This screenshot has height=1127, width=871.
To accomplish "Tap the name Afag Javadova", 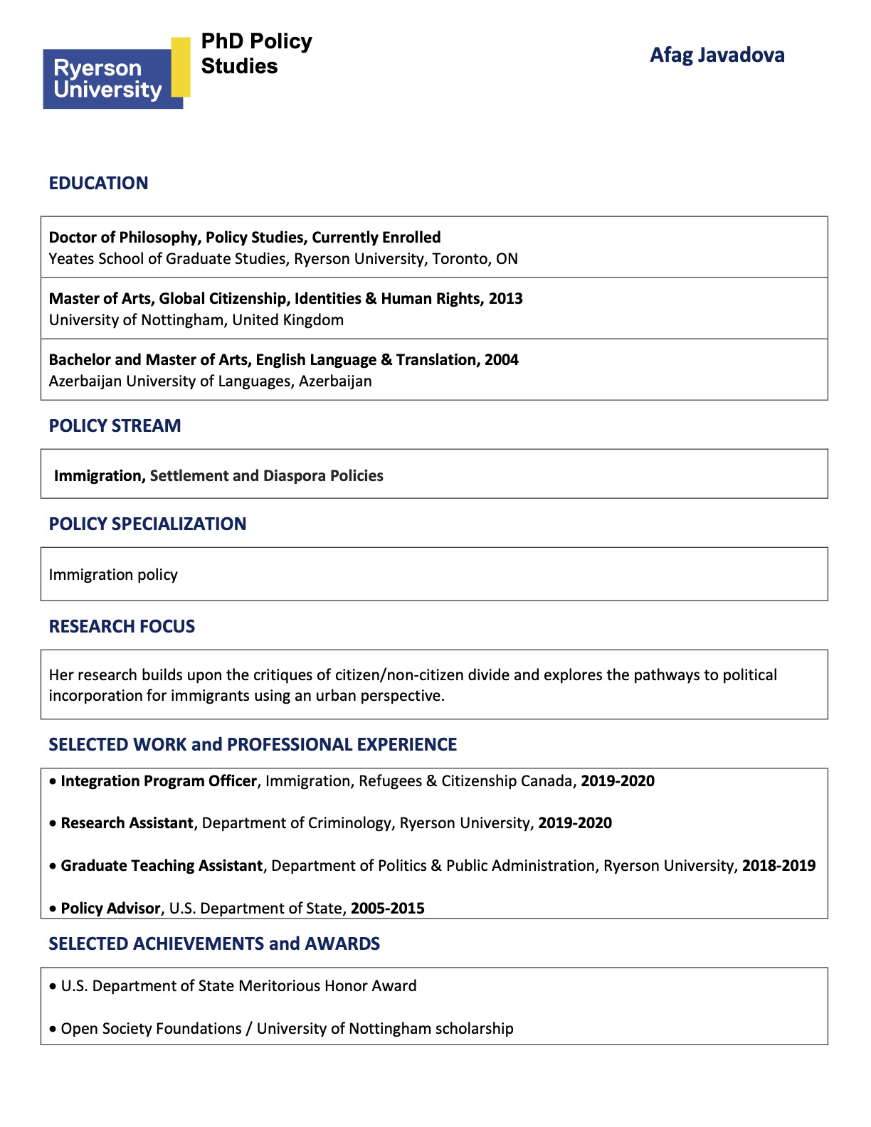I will [717, 55].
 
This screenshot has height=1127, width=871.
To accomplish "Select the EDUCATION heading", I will [98, 184].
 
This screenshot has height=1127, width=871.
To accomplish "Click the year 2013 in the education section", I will [505, 299].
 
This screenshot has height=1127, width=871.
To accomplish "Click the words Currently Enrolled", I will [376, 238].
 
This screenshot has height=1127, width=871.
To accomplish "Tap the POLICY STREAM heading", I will [115, 426].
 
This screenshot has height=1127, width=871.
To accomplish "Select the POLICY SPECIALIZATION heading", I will [147, 524].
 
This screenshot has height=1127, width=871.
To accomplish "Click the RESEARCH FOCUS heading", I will [122, 627].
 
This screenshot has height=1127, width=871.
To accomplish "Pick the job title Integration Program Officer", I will [158, 781].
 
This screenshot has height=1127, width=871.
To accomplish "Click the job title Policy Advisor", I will [110, 909].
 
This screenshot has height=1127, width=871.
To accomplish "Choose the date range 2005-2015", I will [387, 909].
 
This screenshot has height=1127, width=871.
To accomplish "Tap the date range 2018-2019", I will [778, 866].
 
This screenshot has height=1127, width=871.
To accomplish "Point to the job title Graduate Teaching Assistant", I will [162, 866].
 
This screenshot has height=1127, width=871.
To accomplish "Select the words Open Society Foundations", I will [151, 1029].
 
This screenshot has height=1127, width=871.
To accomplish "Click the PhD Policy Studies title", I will [256, 54].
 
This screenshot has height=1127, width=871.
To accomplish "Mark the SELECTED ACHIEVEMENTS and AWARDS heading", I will [214, 944].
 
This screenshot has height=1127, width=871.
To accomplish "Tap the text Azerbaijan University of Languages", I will [170, 381].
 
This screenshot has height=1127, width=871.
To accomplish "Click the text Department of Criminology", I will [296, 823].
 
